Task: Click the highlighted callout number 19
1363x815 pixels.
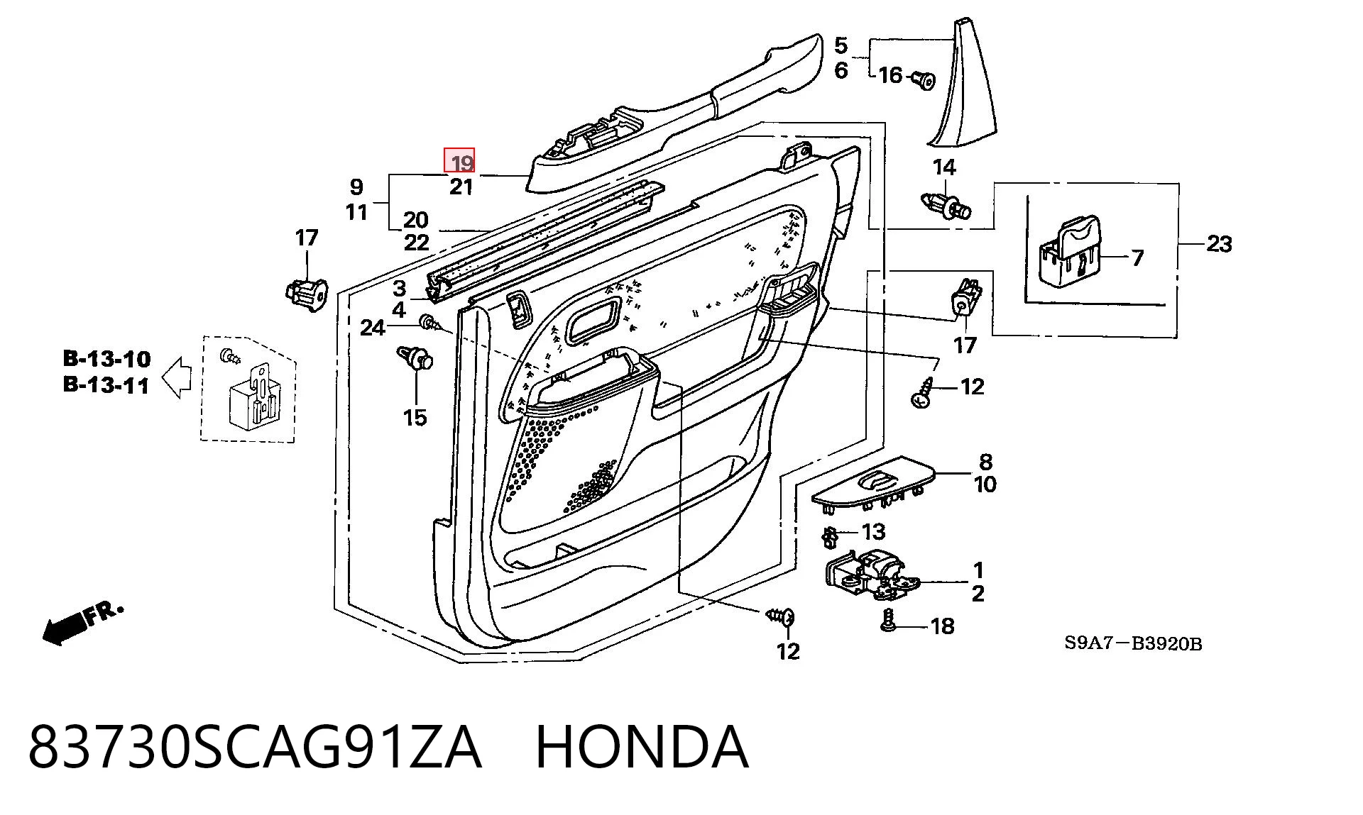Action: [x=461, y=163]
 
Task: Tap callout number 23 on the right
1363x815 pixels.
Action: [x=1219, y=244]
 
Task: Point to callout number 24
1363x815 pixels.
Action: [x=373, y=328]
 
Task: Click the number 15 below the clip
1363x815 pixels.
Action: [x=415, y=417]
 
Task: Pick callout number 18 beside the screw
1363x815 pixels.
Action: [x=942, y=626]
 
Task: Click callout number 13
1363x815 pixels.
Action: [x=874, y=531]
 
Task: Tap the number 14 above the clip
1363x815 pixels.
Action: [x=944, y=167]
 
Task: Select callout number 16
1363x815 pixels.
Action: [x=890, y=74]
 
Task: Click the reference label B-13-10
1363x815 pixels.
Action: [x=107, y=358]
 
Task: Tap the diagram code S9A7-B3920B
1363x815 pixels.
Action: [x=1133, y=643]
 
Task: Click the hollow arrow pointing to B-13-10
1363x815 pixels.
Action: [x=177, y=377]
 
